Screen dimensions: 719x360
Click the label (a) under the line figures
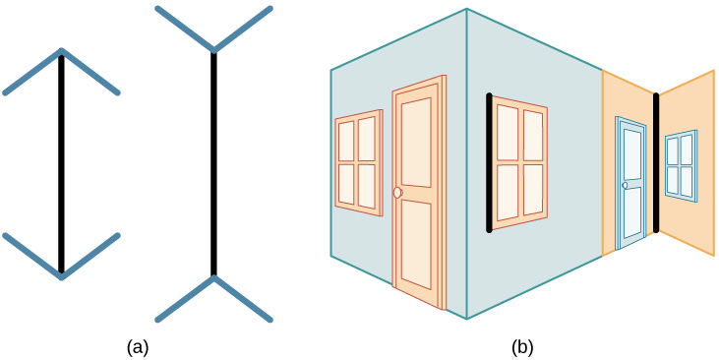[138, 348]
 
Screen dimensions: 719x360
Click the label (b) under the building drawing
[522, 348]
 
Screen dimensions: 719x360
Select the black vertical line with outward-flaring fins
[213, 163]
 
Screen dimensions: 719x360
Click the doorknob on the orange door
[397, 193]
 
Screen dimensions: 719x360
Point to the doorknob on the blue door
[625, 185]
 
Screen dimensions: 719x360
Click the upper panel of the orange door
[416, 143]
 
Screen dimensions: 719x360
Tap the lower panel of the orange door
[416, 245]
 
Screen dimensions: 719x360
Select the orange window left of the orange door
[359, 162]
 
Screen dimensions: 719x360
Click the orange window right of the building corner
[519, 163]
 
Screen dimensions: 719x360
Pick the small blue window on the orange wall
[681, 166]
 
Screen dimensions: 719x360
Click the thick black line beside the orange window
[489, 163]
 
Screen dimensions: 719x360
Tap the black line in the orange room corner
[656, 163]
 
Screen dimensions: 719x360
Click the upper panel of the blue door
[632, 155]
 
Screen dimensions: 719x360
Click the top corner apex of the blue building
[467, 9]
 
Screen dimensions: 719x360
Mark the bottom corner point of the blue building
[467, 319]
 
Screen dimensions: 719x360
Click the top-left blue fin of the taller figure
[185, 29]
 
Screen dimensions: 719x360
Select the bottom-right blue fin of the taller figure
[243, 299]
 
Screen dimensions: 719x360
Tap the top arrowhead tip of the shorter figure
[61, 50]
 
